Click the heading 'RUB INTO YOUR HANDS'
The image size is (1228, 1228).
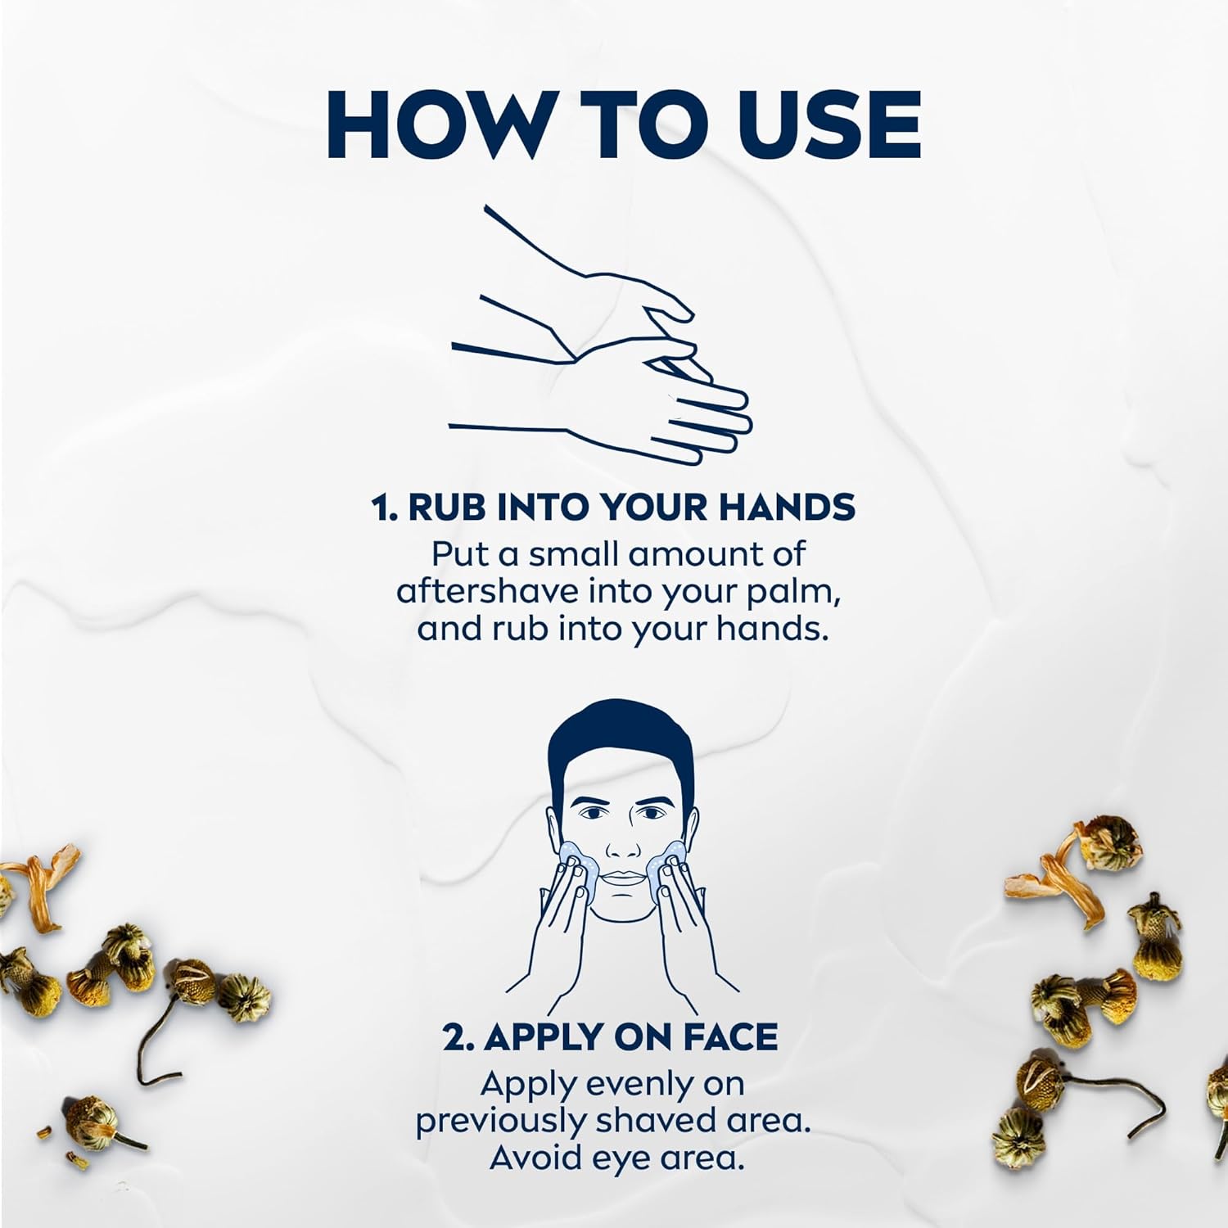(x=631, y=508)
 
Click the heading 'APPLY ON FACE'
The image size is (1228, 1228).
(x=630, y=1037)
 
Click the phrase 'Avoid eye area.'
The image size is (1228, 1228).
(x=617, y=1158)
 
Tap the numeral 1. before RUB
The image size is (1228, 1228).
(x=385, y=508)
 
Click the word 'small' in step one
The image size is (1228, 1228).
(x=573, y=554)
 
